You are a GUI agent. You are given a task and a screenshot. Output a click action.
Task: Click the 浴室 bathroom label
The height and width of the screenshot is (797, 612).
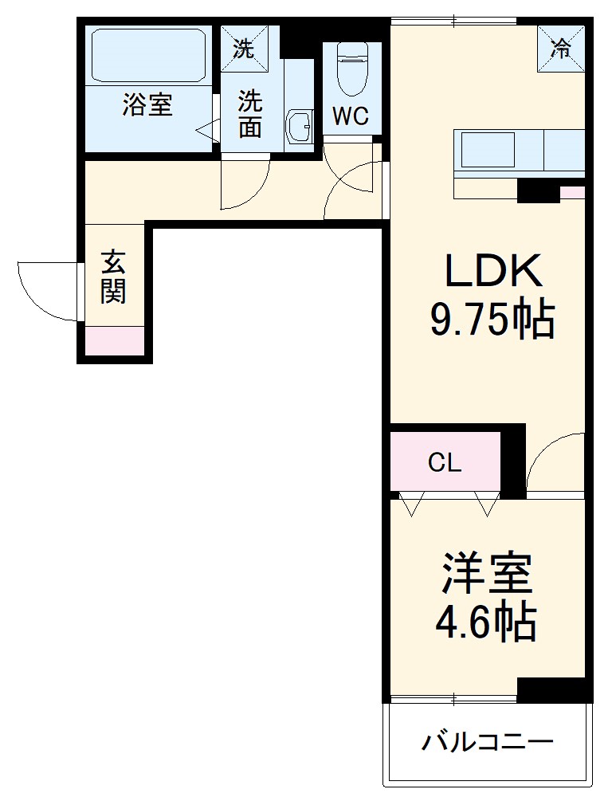click(147, 104)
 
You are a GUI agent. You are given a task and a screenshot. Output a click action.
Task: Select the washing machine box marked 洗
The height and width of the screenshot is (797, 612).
click(244, 49)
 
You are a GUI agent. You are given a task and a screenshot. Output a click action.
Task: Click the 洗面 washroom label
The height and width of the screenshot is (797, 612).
click(250, 114)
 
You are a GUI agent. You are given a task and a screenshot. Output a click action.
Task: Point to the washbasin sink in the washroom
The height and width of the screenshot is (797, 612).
click(300, 127)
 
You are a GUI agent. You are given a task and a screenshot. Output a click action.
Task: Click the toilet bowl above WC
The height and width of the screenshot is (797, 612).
click(351, 68)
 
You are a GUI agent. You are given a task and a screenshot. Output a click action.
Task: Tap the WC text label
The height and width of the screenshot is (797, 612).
click(351, 116)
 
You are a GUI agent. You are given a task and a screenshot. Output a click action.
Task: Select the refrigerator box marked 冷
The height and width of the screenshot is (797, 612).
click(561, 49)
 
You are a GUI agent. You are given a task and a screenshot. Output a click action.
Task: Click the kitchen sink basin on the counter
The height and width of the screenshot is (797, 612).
click(488, 150)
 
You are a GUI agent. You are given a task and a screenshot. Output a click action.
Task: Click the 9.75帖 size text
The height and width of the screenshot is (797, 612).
click(492, 320)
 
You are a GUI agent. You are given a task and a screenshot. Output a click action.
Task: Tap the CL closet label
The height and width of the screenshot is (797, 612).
click(445, 463)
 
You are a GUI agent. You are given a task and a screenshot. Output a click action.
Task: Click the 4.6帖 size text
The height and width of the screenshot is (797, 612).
click(485, 622)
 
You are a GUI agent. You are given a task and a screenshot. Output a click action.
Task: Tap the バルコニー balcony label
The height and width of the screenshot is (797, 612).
click(487, 743)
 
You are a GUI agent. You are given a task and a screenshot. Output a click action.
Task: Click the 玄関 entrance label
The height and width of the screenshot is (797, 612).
click(113, 277)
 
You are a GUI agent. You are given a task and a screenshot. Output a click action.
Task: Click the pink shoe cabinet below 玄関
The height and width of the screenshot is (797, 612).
click(115, 340)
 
